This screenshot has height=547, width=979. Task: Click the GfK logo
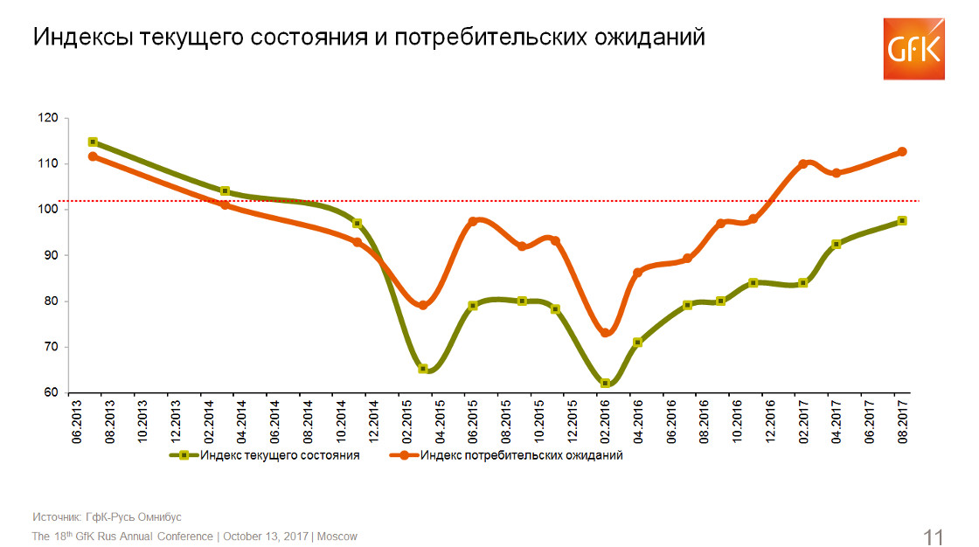coord(913,49)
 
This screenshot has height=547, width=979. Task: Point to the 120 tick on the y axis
coord(49,118)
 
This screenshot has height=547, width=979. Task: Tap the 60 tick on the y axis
coord(52,392)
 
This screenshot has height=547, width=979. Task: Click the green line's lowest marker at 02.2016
coord(605,383)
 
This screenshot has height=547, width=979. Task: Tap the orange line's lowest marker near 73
coord(605,333)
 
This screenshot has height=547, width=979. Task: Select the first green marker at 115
coord(93,142)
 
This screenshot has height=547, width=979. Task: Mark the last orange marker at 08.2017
coord(902,151)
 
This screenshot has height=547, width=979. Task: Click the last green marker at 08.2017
coord(902,221)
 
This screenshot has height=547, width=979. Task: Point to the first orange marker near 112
coord(93,156)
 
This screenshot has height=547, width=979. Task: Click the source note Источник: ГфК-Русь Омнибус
coord(108,516)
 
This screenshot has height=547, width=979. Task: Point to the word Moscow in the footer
coord(337,536)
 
